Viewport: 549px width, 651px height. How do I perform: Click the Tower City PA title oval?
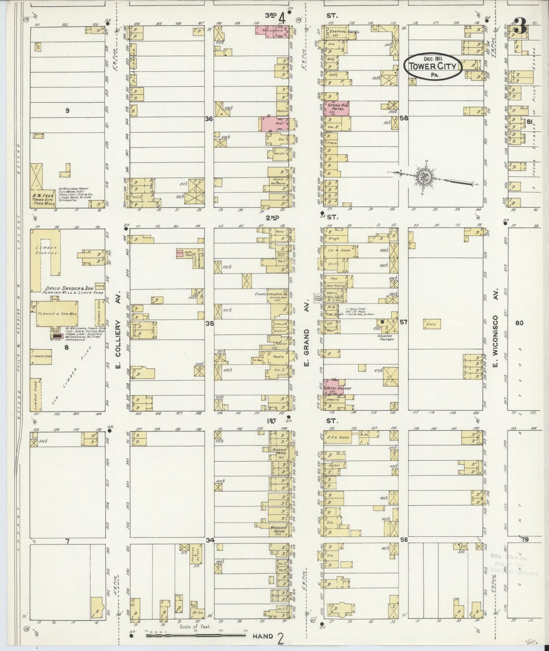[x=432, y=68]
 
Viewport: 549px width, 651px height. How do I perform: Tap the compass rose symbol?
[x=425, y=176]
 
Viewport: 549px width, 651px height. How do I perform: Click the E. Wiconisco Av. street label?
[x=495, y=343]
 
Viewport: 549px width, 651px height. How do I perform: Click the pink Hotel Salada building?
[x=333, y=387]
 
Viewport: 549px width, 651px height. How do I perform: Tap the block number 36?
[x=208, y=119]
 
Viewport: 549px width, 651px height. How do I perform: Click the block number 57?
[x=403, y=322]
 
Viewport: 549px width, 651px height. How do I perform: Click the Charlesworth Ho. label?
[x=270, y=294]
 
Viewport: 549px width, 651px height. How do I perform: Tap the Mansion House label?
[x=281, y=529]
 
